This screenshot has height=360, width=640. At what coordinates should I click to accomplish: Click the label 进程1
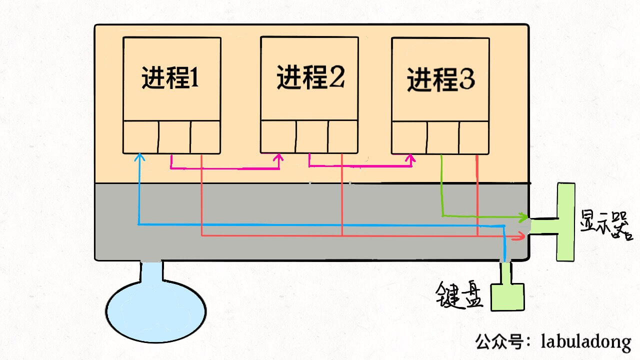coord(170,78)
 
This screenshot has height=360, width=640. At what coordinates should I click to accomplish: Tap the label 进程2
coord(310,78)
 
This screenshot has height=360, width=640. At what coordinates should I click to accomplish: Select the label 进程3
coord(441,79)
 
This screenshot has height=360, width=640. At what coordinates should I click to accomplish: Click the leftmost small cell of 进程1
coord(141,136)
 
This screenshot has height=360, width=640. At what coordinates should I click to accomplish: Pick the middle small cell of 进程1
coord(174,136)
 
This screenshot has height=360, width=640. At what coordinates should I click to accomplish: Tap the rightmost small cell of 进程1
coord(205,136)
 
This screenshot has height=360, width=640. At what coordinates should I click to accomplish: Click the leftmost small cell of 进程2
coord(278,136)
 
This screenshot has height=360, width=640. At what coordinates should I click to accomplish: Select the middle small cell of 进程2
coord(312,136)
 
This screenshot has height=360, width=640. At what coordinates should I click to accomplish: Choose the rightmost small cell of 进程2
coord(343,136)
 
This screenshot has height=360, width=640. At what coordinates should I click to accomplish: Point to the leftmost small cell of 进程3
coord(409,137)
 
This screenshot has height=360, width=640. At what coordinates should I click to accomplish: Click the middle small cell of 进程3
coord(443,137)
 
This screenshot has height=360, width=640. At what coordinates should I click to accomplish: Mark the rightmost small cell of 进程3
coord(474,137)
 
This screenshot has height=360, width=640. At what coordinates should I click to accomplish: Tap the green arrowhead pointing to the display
coord(524,217)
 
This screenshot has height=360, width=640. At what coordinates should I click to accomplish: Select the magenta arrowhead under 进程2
coord(279,158)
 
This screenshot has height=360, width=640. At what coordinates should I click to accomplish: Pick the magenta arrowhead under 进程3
coord(410,158)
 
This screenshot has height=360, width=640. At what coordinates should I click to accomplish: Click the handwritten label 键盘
coord(459,294)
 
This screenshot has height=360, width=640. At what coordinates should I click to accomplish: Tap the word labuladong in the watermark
coord(585,342)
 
